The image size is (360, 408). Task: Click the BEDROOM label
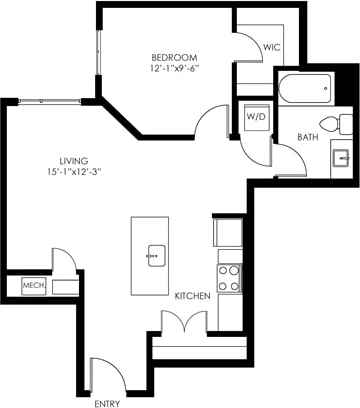pyautogui.click(x=173, y=57)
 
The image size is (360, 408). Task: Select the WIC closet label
pyautogui.click(x=271, y=48)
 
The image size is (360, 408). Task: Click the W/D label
pyautogui.click(x=255, y=116)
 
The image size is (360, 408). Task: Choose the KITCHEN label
pyautogui.click(x=190, y=297)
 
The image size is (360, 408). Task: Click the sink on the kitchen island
pyautogui.click(x=155, y=254)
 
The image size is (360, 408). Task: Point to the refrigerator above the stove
pyautogui.click(x=227, y=233)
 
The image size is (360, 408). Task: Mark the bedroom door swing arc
pyautogui.click(x=211, y=124)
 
